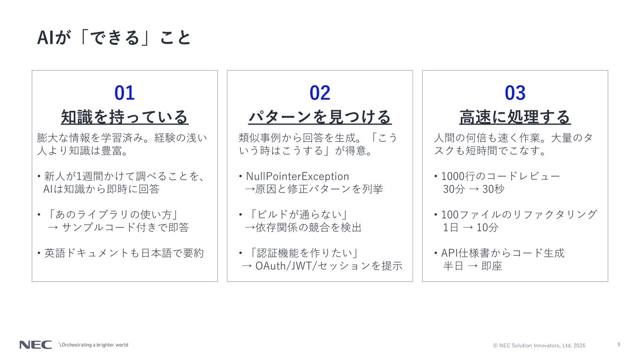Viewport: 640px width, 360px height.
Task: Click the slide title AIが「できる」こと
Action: [x=114, y=38]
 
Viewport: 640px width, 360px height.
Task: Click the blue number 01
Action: [x=125, y=93]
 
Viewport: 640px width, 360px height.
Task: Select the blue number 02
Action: [x=320, y=93]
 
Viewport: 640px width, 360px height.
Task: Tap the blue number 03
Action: [x=515, y=93]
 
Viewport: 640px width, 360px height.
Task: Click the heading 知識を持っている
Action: [x=125, y=117]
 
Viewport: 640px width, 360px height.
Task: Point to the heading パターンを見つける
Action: [x=320, y=117]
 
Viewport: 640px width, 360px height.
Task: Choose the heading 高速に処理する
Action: [x=515, y=117]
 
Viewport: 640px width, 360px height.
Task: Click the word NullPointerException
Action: [x=297, y=176]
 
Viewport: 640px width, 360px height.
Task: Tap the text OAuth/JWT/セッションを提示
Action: [x=329, y=266]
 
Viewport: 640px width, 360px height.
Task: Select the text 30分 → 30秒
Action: [x=474, y=189]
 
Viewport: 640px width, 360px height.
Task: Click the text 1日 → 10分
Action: [x=471, y=228]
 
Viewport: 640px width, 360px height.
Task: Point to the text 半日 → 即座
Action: [x=472, y=266]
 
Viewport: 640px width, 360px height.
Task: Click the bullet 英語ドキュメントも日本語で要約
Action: [x=124, y=253]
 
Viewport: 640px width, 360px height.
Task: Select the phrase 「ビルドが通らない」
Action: [x=298, y=215]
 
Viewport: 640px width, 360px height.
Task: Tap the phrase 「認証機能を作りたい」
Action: [x=304, y=253]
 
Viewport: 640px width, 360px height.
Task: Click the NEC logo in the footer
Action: [x=35, y=345]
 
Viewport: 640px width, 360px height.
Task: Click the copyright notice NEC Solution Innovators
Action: [x=539, y=345]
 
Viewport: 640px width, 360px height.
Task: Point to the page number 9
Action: [x=619, y=345]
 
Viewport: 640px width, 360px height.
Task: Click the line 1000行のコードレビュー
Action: [x=500, y=176]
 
